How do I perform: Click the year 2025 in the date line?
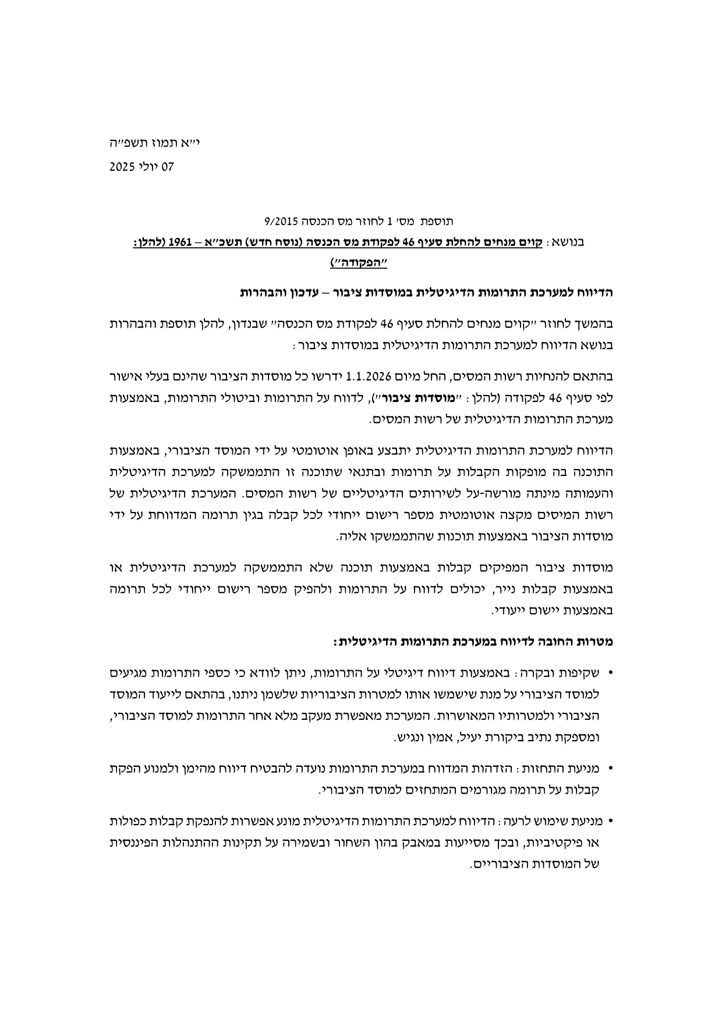coord(122,167)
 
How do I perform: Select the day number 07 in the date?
coord(168,167)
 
